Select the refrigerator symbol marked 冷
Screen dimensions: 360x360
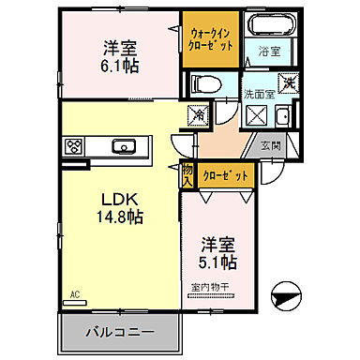click(x=199, y=113)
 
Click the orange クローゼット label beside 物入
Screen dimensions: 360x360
click(x=221, y=174)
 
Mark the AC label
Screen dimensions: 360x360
click(x=74, y=292)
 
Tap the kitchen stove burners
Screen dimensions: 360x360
click(x=74, y=145)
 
